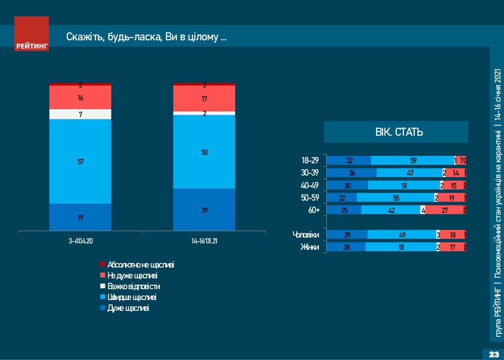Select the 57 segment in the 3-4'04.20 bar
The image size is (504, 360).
[x=80, y=161]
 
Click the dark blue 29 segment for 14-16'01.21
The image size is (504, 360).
[x=204, y=210]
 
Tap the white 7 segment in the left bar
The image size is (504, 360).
[x=80, y=114]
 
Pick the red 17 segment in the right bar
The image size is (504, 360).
[x=204, y=98]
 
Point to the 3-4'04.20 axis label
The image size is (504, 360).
[x=80, y=242]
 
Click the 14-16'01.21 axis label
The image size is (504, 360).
[x=204, y=242]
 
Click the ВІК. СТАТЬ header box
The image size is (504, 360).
[x=395, y=132]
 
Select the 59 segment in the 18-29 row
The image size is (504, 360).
[x=412, y=160]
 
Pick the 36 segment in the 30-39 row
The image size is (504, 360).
[x=351, y=173]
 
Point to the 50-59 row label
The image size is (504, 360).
[x=310, y=197]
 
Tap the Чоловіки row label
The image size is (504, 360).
[x=306, y=235]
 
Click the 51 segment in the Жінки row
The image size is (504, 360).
[x=401, y=247]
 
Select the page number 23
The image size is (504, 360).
[x=493, y=355]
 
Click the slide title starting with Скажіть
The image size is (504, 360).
[x=146, y=37]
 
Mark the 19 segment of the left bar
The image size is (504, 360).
[x=80, y=217]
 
